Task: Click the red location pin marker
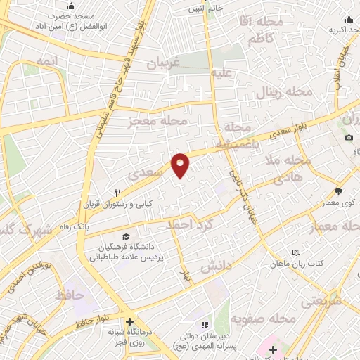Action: [181, 165]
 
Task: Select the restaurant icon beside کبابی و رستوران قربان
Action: [120, 192]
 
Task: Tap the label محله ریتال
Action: [285, 91]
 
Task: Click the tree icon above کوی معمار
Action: [338, 191]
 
